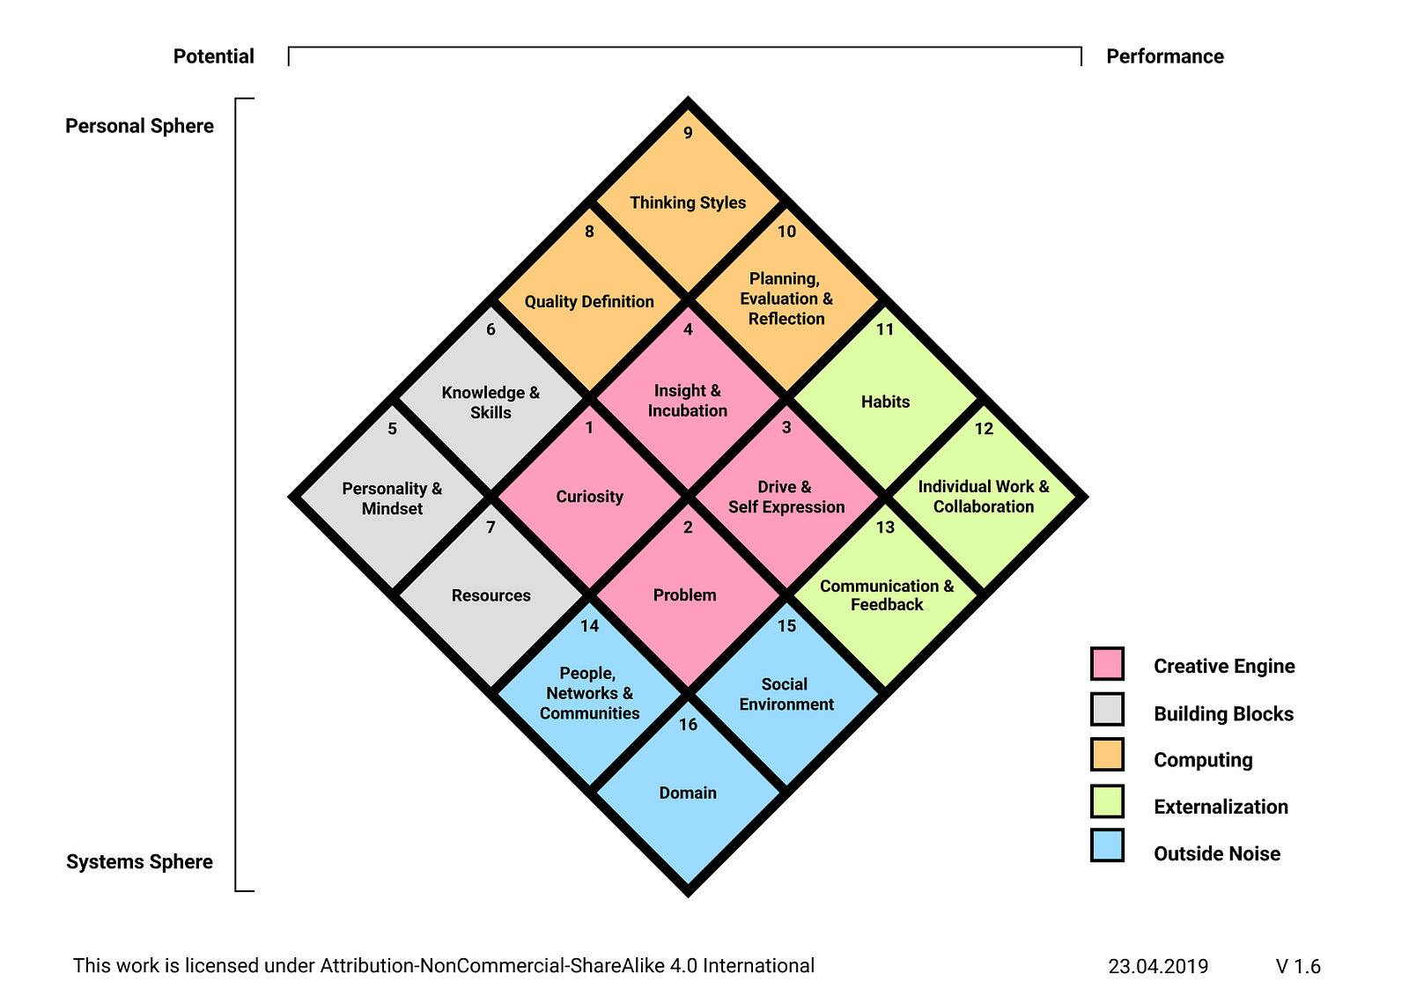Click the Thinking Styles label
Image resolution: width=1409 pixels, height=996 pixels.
click(x=688, y=203)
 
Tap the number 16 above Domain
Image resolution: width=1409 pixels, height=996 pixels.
click(x=688, y=724)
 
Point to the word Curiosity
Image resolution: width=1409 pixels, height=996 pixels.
click(x=589, y=497)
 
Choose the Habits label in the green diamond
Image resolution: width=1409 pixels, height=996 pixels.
click(x=885, y=402)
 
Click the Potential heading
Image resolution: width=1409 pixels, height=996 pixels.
click(x=214, y=56)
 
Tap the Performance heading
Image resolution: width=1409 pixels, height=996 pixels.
click(x=1165, y=56)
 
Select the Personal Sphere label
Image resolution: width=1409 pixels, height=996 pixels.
click(x=140, y=126)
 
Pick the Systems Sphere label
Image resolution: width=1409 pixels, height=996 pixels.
click(x=140, y=861)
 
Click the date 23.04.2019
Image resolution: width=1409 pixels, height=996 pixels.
click(x=1158, y=966)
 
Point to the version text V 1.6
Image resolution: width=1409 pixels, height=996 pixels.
click(x=1298, y=966)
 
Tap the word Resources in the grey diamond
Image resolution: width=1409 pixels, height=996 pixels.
click(x=491, y=595)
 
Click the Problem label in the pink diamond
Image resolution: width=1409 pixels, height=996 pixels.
click(x=684, y=594)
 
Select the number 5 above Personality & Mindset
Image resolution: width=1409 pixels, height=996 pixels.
click(x=392, y=429)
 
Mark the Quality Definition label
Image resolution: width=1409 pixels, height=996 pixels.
click(x=589, y=301)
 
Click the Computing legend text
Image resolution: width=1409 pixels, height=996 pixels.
click(x=1203, y=760)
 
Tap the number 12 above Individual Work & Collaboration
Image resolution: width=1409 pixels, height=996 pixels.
click(x=983, y=429)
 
